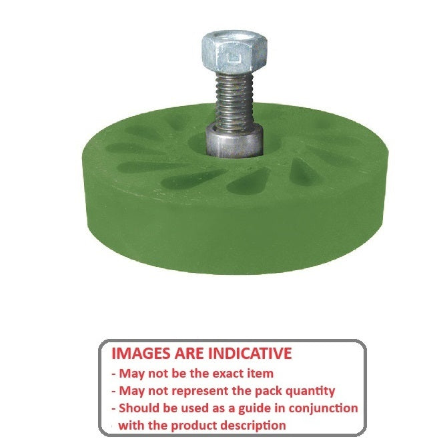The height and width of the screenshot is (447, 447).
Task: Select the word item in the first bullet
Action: coord(258,374)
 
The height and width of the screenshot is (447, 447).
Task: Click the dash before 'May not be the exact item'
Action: coord(113,374)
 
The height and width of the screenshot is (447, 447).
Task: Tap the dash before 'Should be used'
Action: coord(113,408)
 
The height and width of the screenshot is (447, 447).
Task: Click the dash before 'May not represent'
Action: coord(113,391)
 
